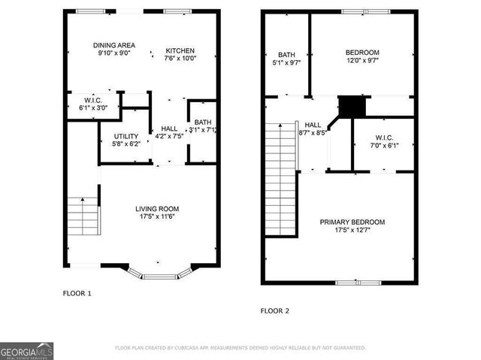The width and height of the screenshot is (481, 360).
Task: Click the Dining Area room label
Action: (x=114, y=44)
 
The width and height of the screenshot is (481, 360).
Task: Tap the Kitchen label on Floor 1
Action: (x=180, y=51)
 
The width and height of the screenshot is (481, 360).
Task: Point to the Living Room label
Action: (x=157, y=208)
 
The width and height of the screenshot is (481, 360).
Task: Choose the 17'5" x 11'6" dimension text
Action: (x=157, y=217)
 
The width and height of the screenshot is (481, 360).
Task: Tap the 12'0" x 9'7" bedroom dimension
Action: (x=362, y=62)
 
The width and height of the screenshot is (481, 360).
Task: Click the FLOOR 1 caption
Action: (x=77, y=293)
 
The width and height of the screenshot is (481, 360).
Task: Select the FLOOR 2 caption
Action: (x=275, y=310)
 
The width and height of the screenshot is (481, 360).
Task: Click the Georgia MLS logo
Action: (x=27, y=351)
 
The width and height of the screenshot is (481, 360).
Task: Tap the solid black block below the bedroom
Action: (x=351, y=106)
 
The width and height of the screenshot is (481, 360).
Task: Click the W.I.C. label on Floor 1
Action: (x=93, y=100)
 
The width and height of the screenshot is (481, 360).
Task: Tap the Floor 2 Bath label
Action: (x=286, y=55)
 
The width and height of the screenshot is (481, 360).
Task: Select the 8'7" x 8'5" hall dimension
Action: (x=313, y=133)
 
